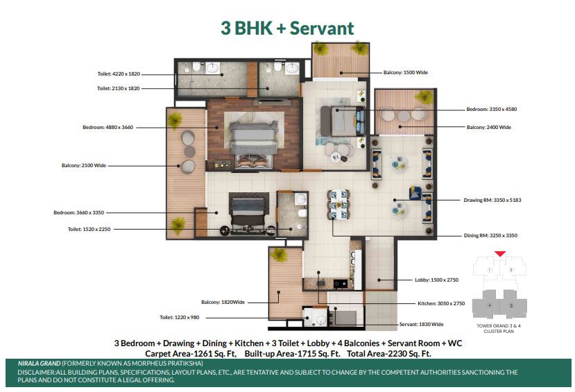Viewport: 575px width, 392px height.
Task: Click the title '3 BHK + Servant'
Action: click(287, 28)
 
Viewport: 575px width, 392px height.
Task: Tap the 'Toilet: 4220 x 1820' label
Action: click(119, 74)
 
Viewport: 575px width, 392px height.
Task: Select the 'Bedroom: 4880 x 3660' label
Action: click(108, 127)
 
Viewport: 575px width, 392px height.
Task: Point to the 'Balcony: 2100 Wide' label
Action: click(84, 165)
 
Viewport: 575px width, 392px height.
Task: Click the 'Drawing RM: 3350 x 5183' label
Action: click(492, 200)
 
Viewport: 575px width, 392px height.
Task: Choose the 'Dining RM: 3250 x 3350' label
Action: click(490, 235)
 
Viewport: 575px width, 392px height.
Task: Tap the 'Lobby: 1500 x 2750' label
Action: click(437, 280)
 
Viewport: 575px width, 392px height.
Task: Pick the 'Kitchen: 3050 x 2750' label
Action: click(441, 303)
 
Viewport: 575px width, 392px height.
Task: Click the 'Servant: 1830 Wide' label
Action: click(421, 324)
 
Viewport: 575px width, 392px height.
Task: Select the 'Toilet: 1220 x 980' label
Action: click(180, 317)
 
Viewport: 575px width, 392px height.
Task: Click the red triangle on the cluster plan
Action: click(500, 253)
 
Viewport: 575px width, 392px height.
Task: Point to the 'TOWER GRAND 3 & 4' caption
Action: click(499, 325)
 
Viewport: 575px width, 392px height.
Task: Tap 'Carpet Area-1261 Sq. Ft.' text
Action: click(191, 354)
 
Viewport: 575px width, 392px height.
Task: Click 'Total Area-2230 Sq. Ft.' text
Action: click(389, 354)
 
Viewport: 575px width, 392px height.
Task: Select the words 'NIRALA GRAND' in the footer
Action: click(40, 364)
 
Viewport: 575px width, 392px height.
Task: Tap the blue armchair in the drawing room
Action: click(415, 192)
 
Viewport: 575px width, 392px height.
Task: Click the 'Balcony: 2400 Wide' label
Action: click(489, 127)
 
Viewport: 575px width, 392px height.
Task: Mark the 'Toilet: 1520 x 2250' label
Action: click(89, 229)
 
